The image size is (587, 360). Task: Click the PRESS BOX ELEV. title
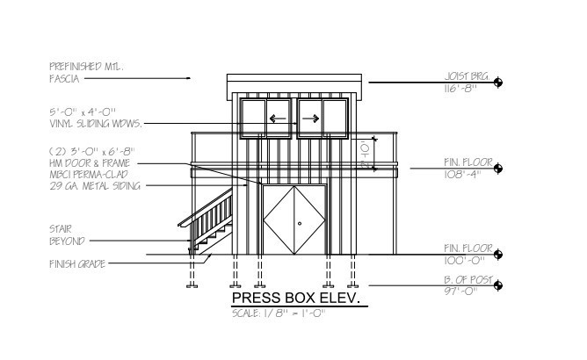tap(296, 298)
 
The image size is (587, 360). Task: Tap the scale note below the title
tap(279, 313)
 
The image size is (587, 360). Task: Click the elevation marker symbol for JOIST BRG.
tap(498, 83)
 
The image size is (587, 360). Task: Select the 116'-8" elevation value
tap(460, 89)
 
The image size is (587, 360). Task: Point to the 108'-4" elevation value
tap(460, 175)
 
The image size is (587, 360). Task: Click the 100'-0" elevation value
tap(464, 261)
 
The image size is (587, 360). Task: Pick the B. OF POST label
tap(468, 280)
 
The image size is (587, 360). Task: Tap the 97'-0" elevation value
tap(460, 292)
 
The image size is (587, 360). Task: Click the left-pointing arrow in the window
tap(278, 119)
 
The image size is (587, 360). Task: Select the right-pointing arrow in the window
tap(311, 119)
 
